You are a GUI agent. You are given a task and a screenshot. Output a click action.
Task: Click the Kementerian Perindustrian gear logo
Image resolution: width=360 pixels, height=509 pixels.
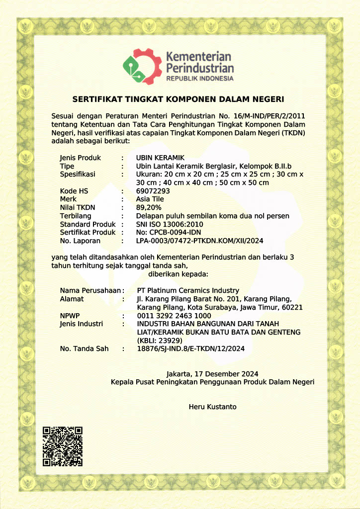(x=142, y=66)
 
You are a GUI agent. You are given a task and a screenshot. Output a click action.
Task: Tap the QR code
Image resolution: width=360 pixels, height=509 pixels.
(x=62, y=446)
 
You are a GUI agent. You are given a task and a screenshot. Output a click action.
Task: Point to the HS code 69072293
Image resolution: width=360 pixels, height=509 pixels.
(x=153, y=191)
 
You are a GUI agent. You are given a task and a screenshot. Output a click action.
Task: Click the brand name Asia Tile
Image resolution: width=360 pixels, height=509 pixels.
(x=150, y=199)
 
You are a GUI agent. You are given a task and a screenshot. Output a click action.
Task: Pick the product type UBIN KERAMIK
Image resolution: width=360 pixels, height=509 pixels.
(x=156, y=158)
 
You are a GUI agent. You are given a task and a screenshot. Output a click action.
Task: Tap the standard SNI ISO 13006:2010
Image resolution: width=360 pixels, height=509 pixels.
(x=170, y=224)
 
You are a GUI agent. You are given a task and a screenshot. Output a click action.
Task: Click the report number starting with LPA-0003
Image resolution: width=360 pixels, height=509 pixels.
(x=199, y=241)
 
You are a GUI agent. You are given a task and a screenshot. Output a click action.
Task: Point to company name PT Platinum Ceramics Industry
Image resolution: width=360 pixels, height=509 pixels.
(x=187, y=290)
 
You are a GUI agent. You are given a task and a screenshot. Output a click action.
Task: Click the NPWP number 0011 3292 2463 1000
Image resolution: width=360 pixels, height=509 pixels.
(x=174, y=316)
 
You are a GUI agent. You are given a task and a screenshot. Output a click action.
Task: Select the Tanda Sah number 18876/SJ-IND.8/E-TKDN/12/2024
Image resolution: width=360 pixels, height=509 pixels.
(x=190, y=349)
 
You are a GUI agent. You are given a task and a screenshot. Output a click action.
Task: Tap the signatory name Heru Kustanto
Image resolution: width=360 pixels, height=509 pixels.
(x=212, y=407)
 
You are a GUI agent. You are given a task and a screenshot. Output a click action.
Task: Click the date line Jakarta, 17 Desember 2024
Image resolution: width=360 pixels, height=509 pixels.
(x=212, y=373)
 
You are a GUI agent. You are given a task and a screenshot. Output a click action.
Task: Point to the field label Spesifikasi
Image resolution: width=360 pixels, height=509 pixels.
(x=78, y=174)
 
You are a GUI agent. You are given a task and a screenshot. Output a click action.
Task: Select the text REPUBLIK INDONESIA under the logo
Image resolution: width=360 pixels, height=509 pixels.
(x=199, y=79)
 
